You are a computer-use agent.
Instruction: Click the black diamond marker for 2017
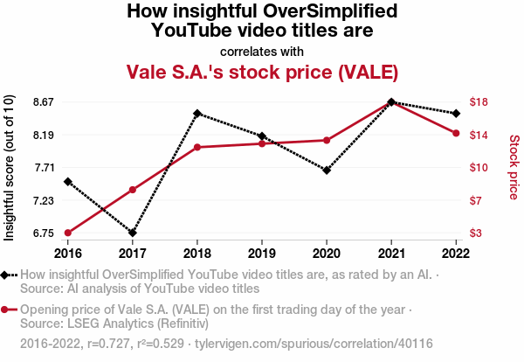(x=133, y=233)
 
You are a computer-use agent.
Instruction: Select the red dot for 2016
(x=68, y=233)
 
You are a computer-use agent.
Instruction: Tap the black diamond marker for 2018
(x=197, y=114)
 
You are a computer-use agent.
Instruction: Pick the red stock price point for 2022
(x=456, y=133)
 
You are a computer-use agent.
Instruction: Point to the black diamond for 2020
(x=327, y=170)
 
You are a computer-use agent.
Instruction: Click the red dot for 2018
(x=197, y=147)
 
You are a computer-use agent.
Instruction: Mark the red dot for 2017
(x=133, y=190)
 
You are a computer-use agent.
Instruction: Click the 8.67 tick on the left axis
(x=42, y=102)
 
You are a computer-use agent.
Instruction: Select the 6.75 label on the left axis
(x=42, y=233)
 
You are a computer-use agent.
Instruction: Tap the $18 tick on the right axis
(x=478, y=102)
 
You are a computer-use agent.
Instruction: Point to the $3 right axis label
(x=475, y=233)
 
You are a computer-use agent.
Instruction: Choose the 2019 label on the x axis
(x=262, y=253)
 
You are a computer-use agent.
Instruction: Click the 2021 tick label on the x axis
(x=391, y=253)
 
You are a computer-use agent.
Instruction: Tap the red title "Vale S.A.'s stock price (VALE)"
(x=262, y=71)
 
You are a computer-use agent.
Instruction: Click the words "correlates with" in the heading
(x=262, y=51)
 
